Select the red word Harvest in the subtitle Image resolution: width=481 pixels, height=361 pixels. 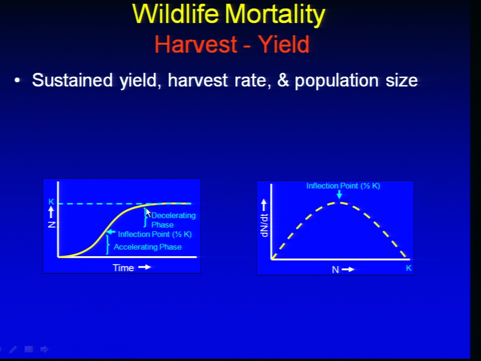[196, 44]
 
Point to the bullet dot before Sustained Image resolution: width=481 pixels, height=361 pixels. [17, 80]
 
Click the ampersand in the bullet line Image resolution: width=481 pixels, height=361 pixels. [283, 80]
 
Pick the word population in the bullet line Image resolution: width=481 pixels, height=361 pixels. [337, 81]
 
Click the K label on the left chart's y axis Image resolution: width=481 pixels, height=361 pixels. [51, 202]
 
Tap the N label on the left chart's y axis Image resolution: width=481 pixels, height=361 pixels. [52, 225]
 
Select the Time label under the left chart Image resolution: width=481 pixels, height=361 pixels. [123, 268]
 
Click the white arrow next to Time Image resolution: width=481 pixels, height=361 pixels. [144, 267]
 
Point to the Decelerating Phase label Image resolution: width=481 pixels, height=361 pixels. [173, 220]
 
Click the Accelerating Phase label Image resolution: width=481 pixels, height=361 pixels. [147, 247]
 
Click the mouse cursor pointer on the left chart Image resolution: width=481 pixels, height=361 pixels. [148, 213]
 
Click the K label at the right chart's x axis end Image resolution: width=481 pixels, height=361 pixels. [409, 268]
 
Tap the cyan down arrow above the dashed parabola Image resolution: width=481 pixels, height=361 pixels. [339, 195]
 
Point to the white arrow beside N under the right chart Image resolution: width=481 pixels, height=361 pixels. [348, 270]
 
